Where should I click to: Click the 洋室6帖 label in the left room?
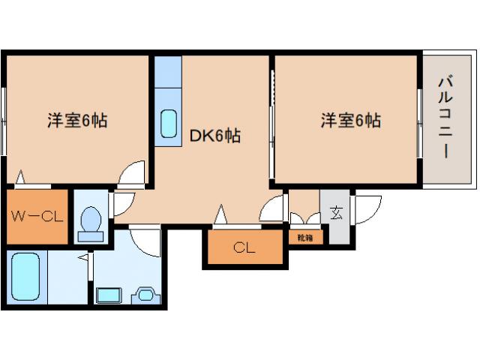click(76, 120)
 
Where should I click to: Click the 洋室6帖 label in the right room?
click(351, 120)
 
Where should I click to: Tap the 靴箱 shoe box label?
click(305, 238)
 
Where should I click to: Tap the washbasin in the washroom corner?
click(144, 294)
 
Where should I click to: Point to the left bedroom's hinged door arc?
click(133, 172)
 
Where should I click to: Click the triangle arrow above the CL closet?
click(220, 215)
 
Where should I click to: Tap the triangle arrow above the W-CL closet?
click(21, 178)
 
